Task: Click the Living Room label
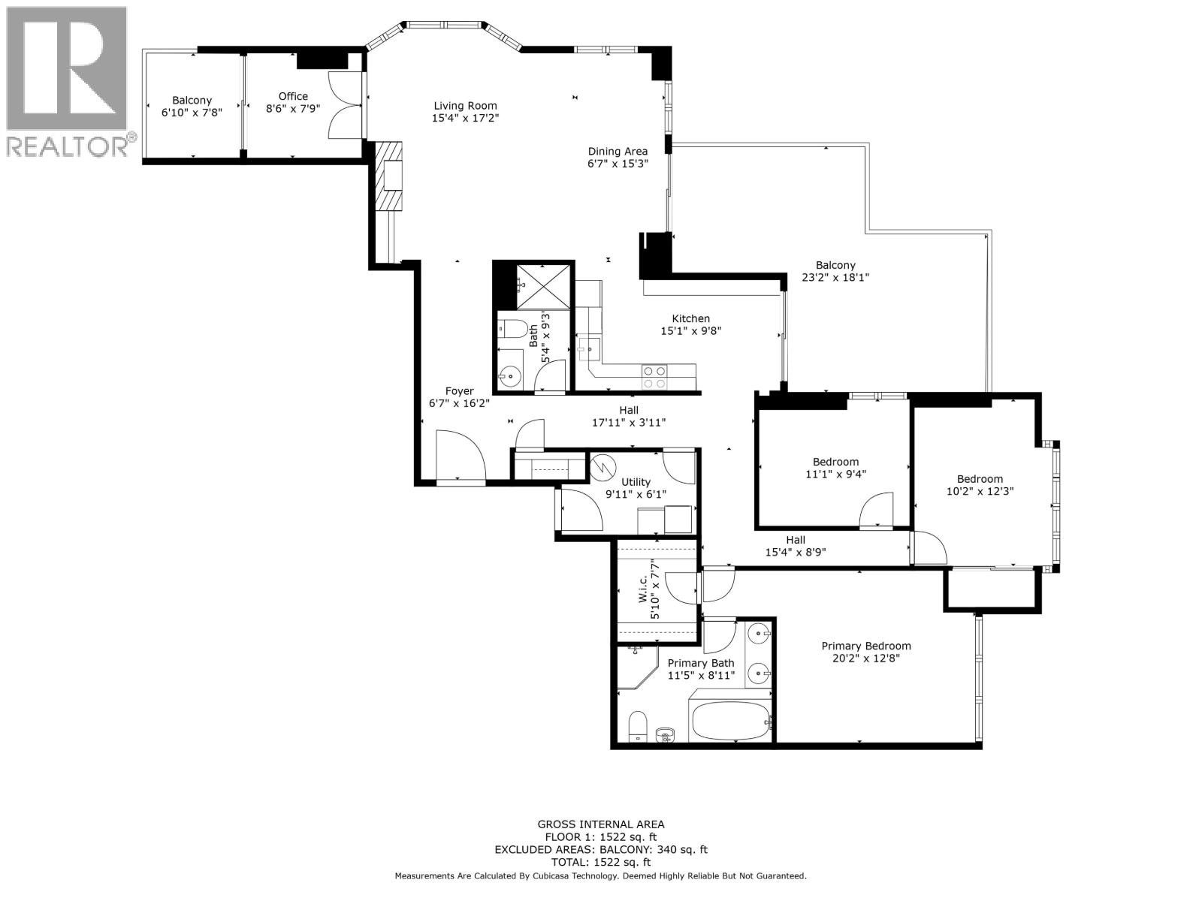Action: [465, 106]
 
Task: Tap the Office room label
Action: [293, 96]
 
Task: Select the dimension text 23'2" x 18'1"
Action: [835, 277]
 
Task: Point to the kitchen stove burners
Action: [654, 376]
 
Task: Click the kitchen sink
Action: [590, 348]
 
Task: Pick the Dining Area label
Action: [618, 151]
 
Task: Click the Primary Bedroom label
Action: [865, 646]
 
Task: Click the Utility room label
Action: [636, 482]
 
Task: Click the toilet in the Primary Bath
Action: [637, 725]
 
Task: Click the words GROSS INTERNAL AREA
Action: [600, 824]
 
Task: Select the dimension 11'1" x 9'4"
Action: [835, 475]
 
